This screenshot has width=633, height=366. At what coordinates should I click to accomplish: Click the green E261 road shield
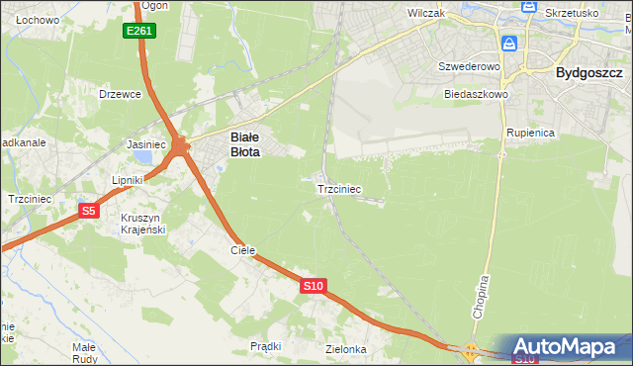(140, 32)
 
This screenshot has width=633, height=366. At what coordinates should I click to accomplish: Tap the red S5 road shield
(89, 211)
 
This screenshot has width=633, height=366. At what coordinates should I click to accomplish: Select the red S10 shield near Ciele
(313, 286)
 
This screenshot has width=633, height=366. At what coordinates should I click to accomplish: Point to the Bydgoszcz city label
(588, 72)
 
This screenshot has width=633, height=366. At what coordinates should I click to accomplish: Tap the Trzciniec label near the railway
(339, 188)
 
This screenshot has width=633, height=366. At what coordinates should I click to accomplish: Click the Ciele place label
(243, 251)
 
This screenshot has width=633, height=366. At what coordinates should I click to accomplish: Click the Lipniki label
(128, 180)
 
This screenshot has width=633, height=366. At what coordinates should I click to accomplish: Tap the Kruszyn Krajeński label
(142, 223)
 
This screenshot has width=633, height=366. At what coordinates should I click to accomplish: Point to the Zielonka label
(346, 349)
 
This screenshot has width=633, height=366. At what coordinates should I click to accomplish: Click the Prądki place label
(265, 346)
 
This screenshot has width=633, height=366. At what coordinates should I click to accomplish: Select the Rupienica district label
(530, 132)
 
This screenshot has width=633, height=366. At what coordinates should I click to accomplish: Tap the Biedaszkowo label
(476, 94)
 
